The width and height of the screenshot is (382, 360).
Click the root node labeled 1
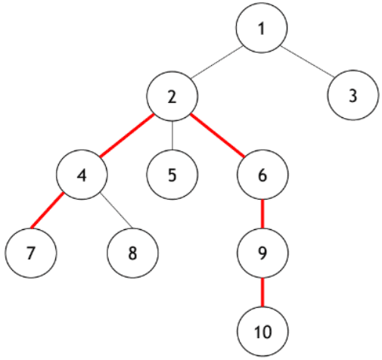pyautogui.click(x=262, y=28)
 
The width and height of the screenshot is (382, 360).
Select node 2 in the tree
pyautogui.click(x=172, y=97)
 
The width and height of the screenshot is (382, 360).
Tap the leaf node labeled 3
pyautogui.click(x=353, y=95)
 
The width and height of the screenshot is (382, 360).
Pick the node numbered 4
pyautogui.click(x=82, y=175)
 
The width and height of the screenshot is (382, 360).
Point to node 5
pyautogui.click(x=172, y=175)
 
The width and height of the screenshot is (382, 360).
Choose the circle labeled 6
pyautogui.click(x=262, y=175)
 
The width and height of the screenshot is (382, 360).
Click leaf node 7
pyautogui.click(x=31, y=253)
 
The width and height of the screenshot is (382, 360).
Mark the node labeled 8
pyautogui.click(x=132, y=253)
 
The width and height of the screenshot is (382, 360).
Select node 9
pyautogui.click(x=262, y=253)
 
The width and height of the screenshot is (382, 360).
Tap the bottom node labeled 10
pyautogui.click(x=262, y=332)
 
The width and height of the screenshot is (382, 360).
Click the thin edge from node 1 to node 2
pyautogui.click(x=217, y=62)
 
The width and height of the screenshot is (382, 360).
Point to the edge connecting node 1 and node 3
pyautogui.click(x=306, y=61)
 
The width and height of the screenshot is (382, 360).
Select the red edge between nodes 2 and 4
pyautogui.click(x=127, y=135)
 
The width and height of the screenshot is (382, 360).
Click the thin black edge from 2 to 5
pyautogui.click(x=172, y=135)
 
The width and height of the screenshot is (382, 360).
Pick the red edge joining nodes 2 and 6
pyautogui.click(x=217, y=135)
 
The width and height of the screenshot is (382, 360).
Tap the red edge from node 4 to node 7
pyautogui.click(x=47, y=211)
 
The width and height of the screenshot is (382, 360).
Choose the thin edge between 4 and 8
pyautogui.click(x=116, y=211)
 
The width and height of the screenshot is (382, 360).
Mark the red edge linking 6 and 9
pyautogui.click(x=262, y=214)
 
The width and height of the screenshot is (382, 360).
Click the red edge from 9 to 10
pyautogui.click(x=262, y=293)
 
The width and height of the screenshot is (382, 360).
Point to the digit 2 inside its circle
pyautogui.click(x=172, y=97)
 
